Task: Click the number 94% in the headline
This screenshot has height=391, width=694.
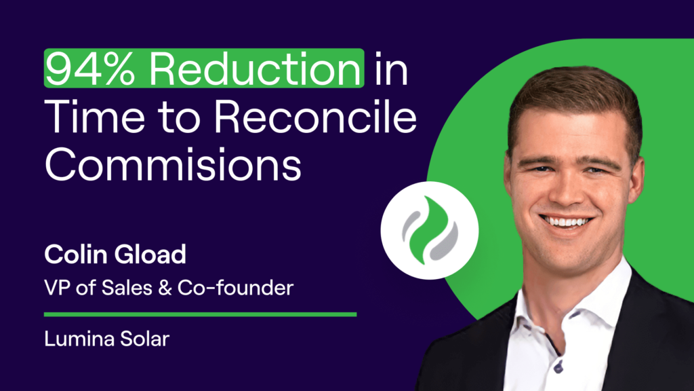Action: pyautogui.click(x=90, y=69)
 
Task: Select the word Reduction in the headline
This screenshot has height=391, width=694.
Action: pyautogui.click(x=255, y=69)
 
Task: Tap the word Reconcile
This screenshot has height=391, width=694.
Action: pyautogui.click(x=316, y=117)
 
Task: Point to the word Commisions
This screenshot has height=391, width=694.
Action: pyautogui.click(x=173, y=164)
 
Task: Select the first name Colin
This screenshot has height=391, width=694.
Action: pyautogui.click(x=76, y=255)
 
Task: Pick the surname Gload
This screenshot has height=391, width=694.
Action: pyautogui.click(x=150, y=255)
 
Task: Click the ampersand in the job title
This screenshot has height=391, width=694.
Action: pyautogui.click(x=165, y=288)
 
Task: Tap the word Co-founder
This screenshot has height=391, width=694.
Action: pyautogui.click(x=235, y=288)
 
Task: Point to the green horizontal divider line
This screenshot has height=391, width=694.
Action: pyautogui.click(x=200, y=314)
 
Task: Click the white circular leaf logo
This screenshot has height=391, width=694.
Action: pyautogui.click(x=429, y=231)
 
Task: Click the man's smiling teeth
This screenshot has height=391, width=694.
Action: pyautogui.click(x=566, y=222)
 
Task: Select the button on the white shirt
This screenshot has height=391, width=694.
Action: pyautogui.click(x=558, y=367)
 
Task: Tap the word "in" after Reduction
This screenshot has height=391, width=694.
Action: pyautogui.click(x=391, y=69)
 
